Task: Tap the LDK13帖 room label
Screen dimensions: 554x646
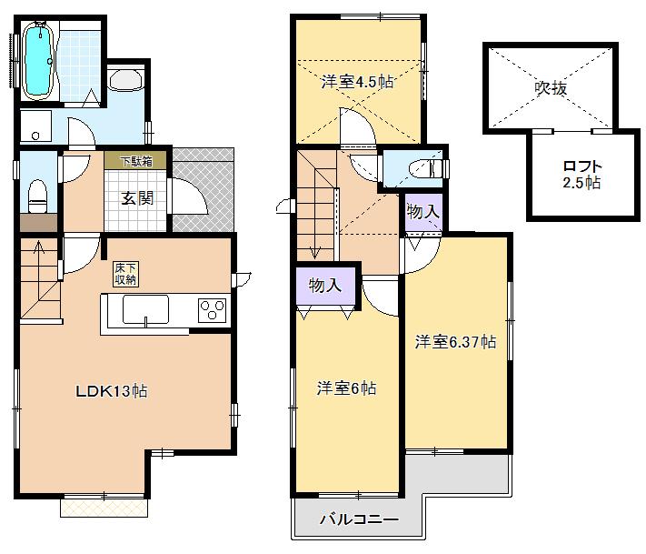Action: coord(111,391)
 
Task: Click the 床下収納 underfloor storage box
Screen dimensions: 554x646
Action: coord(125,274)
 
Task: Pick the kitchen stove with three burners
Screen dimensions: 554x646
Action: coord(213,309)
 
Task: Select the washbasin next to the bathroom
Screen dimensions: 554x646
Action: coord(125,81)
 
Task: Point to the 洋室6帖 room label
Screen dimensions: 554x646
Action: coord(346,388)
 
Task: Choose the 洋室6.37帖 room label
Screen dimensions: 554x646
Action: coord(455,343)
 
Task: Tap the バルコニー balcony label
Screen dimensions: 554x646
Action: coord(359,520)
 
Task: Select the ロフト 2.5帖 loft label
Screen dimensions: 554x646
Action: coord(582,174)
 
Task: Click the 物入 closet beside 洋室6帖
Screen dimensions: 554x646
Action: coord(324,286)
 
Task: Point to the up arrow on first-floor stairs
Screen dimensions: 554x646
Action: coord(37,247)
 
